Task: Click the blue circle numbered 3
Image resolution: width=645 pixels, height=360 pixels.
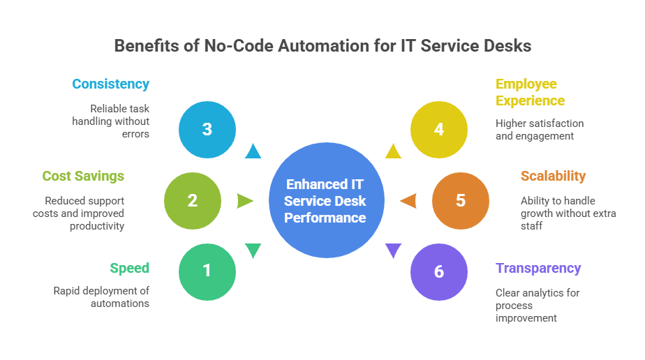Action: click(x=207, y=129)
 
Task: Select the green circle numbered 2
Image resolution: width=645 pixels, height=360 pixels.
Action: click(x=193, y=201)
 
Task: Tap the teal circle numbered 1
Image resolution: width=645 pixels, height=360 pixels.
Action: click(x=207, y=271)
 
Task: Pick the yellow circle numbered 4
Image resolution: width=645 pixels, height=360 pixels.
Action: click(x=438, y=129)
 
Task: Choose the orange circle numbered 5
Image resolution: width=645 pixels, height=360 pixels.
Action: click(x=460, y=201)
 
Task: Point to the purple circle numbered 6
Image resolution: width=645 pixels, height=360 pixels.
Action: click(x=438, y=271)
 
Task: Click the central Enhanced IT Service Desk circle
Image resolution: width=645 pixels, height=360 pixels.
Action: click(x=326, y=201)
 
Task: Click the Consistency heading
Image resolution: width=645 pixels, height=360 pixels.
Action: click(x=110, y=84)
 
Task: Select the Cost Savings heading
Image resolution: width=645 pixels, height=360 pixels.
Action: click(x=83, y=176)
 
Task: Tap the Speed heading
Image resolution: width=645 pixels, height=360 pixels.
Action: click(x=129, y=268)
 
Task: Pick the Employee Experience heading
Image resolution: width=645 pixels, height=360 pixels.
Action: click(x=530, y=92)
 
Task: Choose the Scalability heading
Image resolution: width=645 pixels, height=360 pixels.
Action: click(x=553, y=176)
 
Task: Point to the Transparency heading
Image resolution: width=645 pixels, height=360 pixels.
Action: click(x=538, y=268)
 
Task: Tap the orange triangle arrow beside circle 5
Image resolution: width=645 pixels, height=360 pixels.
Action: click(x=408, y=201)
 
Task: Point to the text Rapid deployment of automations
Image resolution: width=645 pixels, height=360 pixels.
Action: click(x=102, y=297)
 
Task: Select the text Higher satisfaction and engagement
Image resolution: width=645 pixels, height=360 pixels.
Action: click(x=539, y=130)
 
